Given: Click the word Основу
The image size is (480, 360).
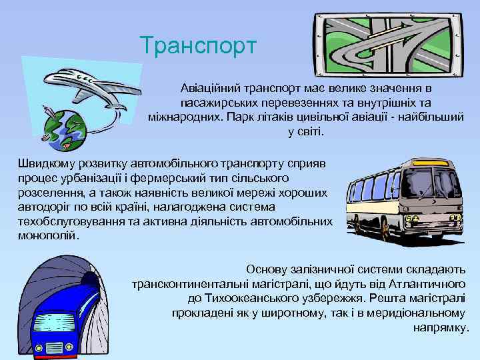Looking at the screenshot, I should click(267, 269).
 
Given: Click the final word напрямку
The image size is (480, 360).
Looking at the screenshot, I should click(441, 327).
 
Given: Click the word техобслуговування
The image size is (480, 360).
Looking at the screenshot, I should click(71, 221).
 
